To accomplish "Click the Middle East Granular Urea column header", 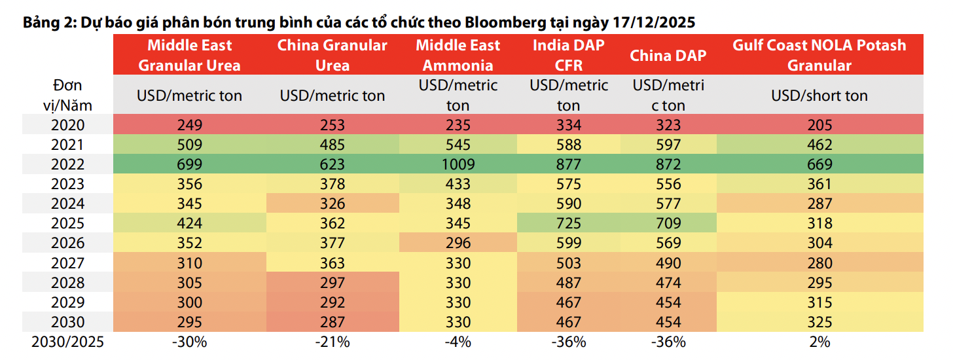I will pyautogui.click(x=189, y=56).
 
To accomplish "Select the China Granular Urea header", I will pyautogui.click(x=332, y=56).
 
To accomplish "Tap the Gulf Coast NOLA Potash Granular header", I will pyautogui.click(x=819, y=56).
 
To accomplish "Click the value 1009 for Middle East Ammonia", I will pyautogui.click(x=458, y=164).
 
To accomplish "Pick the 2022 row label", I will pyautogui.click(x=68, y=164).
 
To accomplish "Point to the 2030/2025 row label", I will pyautogui.click(x=68, y=342).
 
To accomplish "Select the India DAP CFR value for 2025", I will pyautogui.click(x=568, y=223).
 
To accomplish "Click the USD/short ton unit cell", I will pyautogui.click(x=819, y=96).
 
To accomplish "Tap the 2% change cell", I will pyautogui.click(x=819, y=342).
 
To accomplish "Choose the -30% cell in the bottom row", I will pyautogui.click(x=189, y=342).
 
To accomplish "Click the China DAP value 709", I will pyautogui.click(x=668, y=223).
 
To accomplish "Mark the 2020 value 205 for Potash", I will pyautogui.click(x=819, y=125).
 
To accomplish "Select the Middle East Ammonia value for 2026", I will pyautogui.click(x=458, y=243).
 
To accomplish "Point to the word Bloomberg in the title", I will pyautogui.click(x=503, y=22).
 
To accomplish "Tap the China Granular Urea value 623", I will pyautogui.click(x=332, y=164).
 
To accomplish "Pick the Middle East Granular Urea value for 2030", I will pyautogui.click(x=189, y=321).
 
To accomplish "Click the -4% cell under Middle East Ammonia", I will pyautogui.click(x=458, y=342).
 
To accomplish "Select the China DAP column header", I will pyautogui.click(x=668, y=56).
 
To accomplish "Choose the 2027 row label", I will pyautogui.click(x=68, y=262).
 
